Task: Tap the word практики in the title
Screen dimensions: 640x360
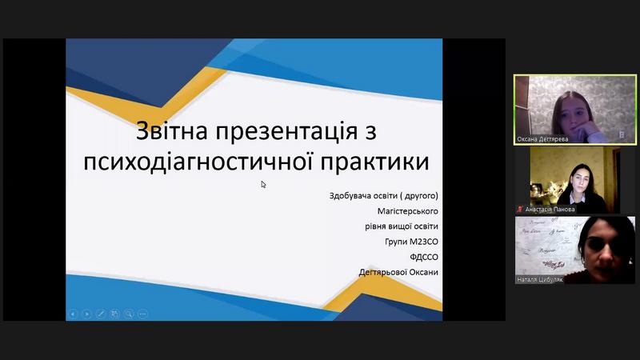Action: pos(374,162)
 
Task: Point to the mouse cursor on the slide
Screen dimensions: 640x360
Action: pos(263,185)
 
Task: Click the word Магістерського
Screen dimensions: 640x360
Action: pos(408,211)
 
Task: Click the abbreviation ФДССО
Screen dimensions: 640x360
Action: pos(424,257)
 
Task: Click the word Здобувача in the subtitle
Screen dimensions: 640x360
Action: pos(349,195)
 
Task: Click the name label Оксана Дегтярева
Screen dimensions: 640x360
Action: pos(542,139)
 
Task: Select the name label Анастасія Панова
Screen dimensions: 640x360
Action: pos(550,210)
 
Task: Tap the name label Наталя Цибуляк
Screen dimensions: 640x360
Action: pos(539,279)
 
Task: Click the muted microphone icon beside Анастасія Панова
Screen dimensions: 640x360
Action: pos(519,209)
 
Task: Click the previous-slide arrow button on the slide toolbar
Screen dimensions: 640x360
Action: pos(73,314)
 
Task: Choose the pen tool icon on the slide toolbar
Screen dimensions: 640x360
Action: pos(101,314)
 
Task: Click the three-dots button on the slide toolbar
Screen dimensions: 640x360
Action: pos(142,314)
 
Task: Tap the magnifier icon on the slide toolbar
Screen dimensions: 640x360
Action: pos(129,314)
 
